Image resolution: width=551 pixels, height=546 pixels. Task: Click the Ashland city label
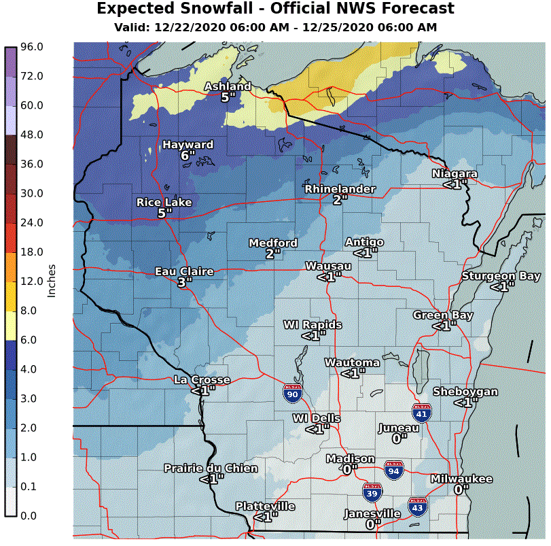(x=228, y=86)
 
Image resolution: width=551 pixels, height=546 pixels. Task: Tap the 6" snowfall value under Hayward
(x=188, y=156)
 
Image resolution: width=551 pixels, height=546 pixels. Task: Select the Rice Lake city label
(x=164, y=202)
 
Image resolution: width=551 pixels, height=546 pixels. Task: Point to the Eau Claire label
(x=184, y=271)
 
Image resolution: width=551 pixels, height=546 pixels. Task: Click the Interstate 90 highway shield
(x=292, y=392)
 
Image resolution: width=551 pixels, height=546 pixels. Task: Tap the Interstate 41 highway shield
(x=421, y=412)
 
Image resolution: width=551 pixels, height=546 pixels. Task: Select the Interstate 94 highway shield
(x=393, y=469)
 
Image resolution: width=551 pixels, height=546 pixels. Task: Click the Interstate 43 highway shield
(x=417, y=506)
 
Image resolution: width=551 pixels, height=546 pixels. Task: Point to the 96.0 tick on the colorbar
(x=31, y=47)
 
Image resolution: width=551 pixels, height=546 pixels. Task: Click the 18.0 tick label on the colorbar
(x=31, y=252)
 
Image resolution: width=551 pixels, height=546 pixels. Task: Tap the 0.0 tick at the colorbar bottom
(x=29, y=515)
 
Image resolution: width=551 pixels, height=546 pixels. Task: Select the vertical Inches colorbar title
(x=52, y=281)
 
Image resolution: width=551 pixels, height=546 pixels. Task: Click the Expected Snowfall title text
(x=275, y=9)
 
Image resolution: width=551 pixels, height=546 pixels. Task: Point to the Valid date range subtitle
(x=275, y=27)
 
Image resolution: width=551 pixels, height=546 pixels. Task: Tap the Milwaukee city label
(x=461, y=479)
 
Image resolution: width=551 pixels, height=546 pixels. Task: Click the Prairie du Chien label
(x=211, y=468)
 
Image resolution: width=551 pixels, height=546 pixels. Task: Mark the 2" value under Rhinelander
(x=340, y=199)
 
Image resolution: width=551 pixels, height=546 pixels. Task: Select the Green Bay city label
(x=443, y=315)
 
